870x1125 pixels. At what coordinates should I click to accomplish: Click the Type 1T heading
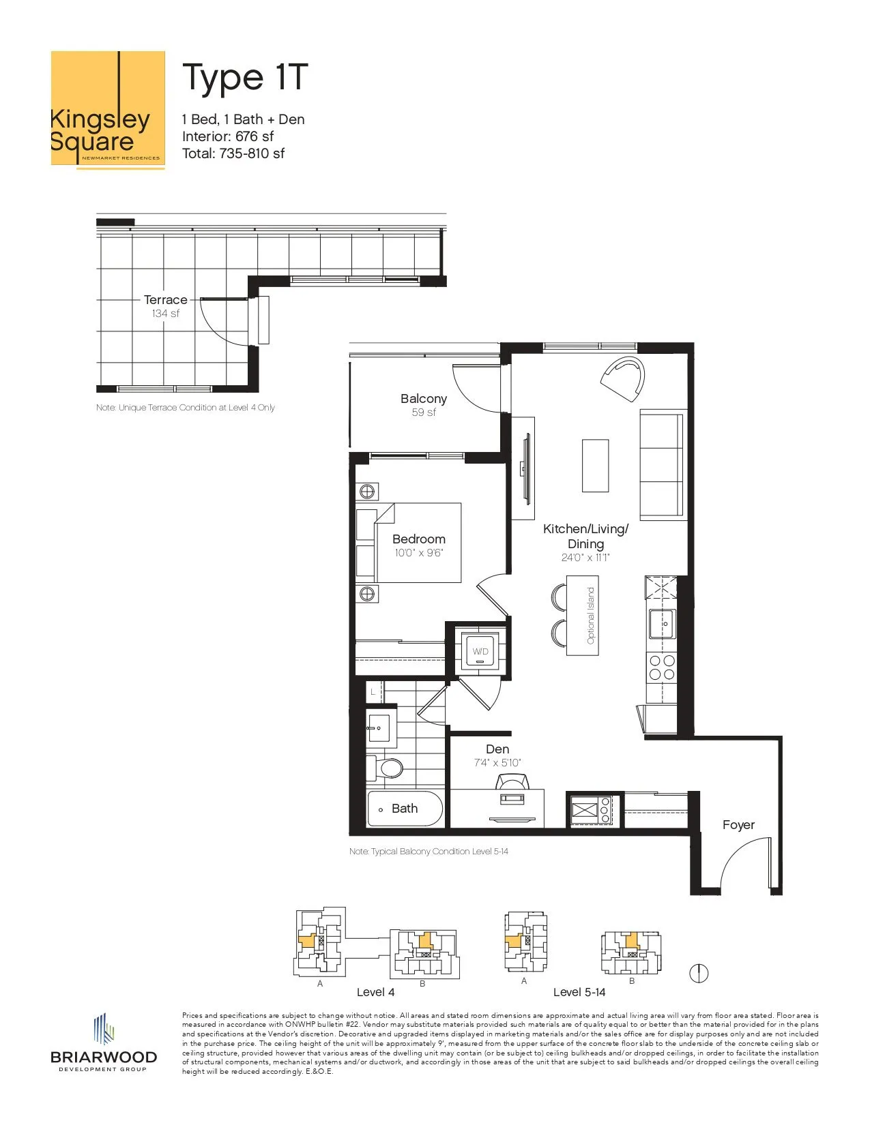click(x=245, y=78)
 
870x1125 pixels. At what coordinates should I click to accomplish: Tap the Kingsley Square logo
click(x=108, y=110)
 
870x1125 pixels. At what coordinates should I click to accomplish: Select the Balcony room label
click(x=423, y=399)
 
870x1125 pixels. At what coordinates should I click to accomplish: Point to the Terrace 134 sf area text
click(x=166, y=313)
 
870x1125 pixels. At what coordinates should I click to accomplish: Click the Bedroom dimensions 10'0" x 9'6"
click(x=419, y=553)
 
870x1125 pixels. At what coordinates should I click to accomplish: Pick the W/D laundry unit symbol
click(x=480, y=650)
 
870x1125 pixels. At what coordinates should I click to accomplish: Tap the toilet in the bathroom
click(x=384, y=768)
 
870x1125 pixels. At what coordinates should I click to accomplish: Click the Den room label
click(x=497, y=749)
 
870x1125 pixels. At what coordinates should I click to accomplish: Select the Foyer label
click(x=738, y=825)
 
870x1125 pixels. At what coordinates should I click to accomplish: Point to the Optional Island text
click(x=591, y=616)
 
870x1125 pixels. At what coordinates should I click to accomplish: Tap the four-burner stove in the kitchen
click(x=662, y=667)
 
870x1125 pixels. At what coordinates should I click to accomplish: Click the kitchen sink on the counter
click(x=662, y=624)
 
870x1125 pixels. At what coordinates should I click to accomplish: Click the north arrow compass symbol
click(x=699, y=974)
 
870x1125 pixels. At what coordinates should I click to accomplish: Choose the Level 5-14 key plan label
click(x=579, y=993)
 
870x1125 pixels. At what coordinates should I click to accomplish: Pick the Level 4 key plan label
click(x=376, y=993)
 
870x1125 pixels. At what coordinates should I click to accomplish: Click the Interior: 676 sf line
click(x=228, y=136)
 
